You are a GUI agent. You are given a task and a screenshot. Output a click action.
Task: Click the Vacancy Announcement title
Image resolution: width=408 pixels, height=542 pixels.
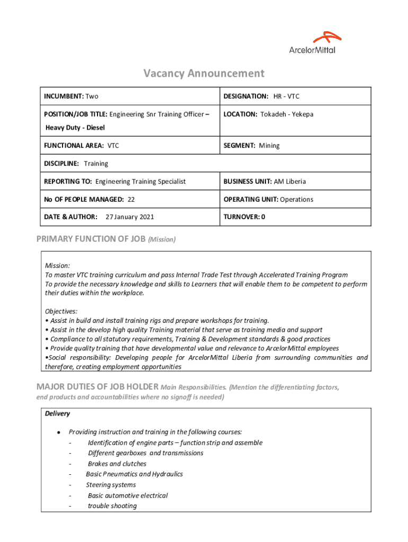pos(203,74)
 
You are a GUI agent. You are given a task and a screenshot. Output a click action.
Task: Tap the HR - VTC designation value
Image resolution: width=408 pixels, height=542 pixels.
pos(286,96)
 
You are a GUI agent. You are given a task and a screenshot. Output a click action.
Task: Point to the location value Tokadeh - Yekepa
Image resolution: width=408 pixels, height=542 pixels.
pos(287,114)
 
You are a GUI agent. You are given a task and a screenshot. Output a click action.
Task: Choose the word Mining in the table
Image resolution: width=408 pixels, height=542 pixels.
pos(269,146)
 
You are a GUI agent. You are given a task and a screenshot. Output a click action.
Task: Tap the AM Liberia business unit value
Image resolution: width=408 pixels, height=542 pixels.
pos(290,182)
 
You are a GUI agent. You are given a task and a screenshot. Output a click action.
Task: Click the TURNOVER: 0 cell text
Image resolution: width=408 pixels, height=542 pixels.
pos(244,217)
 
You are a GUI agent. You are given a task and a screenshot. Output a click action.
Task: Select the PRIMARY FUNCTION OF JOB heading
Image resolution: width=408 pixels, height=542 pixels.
pos(91,239)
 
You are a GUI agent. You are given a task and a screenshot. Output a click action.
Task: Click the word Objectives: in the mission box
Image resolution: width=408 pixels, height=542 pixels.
pos(61,311)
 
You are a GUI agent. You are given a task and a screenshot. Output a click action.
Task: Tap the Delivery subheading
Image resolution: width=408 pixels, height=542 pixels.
pos(57,413)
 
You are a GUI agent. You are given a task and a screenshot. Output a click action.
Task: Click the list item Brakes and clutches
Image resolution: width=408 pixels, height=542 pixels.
pos(117,464)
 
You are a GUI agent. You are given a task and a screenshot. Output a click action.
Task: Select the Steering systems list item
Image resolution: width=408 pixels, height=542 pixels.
pos(111,485)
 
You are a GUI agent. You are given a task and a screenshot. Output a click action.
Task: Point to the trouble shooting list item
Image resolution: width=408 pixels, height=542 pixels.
pos(112,506)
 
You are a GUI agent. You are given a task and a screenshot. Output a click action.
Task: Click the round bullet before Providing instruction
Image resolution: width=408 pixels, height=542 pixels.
pos(58,432)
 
